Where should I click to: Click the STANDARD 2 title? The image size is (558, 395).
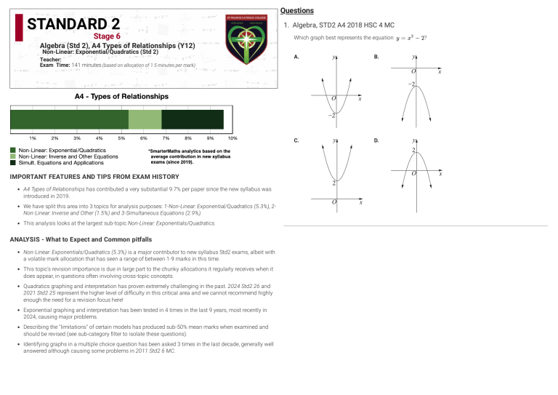coord(73,24)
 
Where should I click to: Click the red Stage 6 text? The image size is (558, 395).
coord(107,36)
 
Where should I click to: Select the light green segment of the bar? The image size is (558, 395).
coord(145,119)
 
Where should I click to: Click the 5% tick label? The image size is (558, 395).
coord(121,138)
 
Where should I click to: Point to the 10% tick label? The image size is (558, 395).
coord(232,138)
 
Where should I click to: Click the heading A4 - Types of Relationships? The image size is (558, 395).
coord(121,96)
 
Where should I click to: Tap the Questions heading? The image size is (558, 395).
coord(297,11)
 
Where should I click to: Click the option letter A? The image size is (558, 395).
coord(296,56)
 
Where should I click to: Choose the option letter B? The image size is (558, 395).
coord(376,56)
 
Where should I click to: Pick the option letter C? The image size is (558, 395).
coord(296,140)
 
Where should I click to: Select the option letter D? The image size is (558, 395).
coord(376,140)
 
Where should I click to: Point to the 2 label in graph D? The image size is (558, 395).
coord(413,151)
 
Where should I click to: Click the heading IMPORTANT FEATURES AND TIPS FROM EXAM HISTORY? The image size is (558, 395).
coord(94,177)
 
